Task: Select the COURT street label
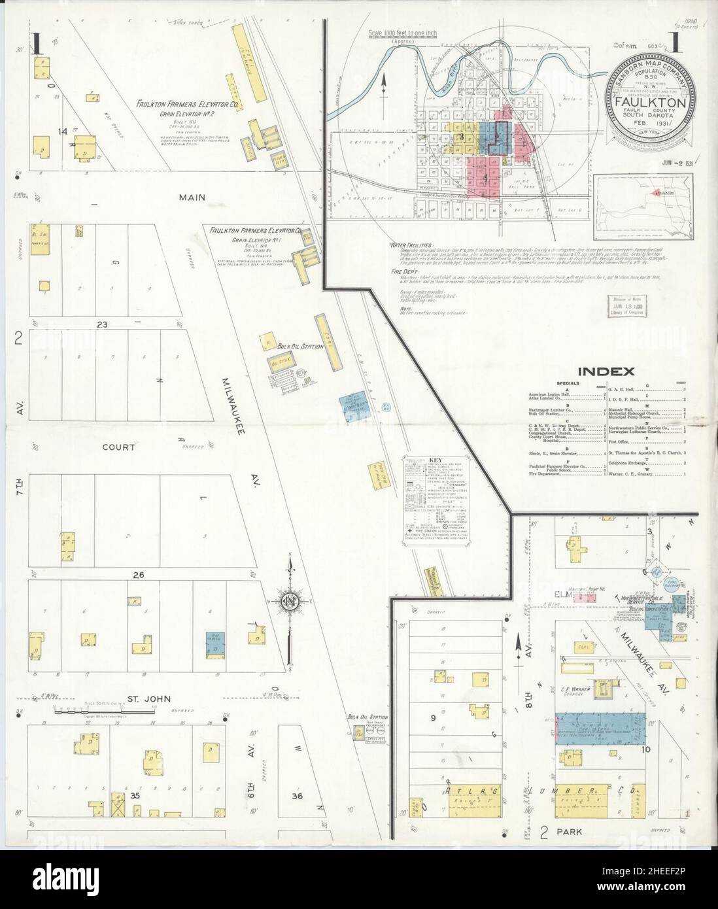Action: pyautogui.click(x=118, y=448)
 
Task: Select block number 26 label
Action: pyautogui.click(x=137, y=575)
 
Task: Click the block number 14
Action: pyautogui.click(x=63, y=132)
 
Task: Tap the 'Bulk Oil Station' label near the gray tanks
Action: pyautogui.click(x=300, y=346)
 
